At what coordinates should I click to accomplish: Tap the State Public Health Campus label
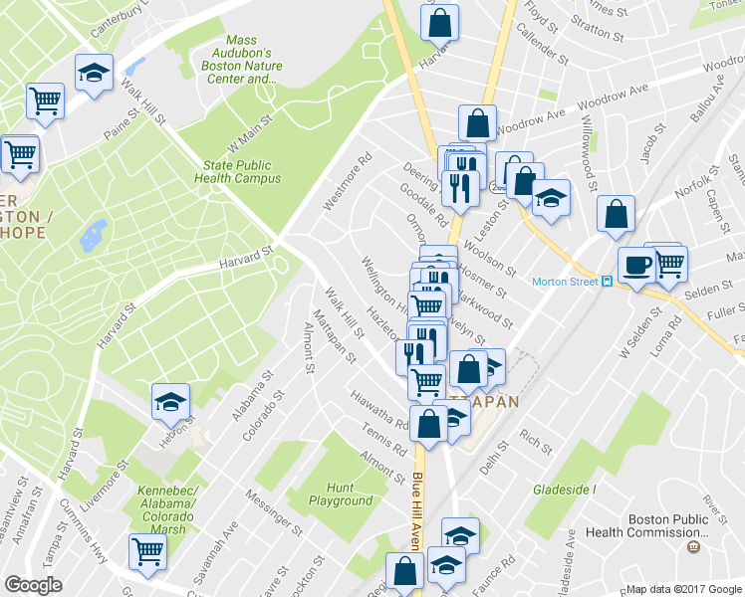(x=242, y=172)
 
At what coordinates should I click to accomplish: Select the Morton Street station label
(x=564, y=282)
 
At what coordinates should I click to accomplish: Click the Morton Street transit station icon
(x=606, y=282)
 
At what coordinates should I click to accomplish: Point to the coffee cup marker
(x=635, y=265)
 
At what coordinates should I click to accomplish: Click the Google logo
(x=34, y=585)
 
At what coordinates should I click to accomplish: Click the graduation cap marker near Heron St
(x=170, y=401)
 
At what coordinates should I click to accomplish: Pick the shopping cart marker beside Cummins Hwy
(x=147, y=550)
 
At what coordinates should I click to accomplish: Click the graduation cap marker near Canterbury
(x=95, y=73)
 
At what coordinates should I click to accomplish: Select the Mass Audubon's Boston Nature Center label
(x=249, y=59)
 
